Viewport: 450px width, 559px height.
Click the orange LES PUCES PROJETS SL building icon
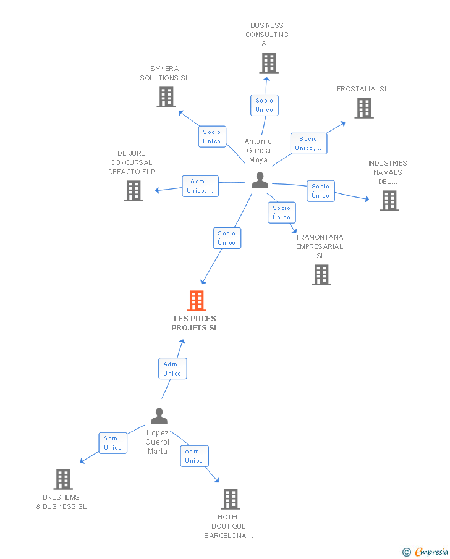(197, 301)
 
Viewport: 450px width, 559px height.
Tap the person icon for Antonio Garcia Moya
(260, 180)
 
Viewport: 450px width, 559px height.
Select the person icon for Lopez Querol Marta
(159, 416)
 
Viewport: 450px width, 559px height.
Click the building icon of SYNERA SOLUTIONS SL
(166, 97)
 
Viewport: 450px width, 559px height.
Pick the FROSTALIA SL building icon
(364, 108)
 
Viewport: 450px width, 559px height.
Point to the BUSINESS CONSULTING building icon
(269, 63)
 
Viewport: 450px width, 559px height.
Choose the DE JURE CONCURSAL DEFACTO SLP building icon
(134, 191)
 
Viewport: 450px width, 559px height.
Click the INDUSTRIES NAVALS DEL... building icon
(389, 201)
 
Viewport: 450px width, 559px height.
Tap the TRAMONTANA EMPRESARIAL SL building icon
(321, 275)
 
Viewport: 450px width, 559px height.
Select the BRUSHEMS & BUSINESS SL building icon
(63, 479)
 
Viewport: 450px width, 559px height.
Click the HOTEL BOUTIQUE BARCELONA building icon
(231, 499)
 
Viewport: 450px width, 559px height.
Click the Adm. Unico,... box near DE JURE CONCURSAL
(200, 186)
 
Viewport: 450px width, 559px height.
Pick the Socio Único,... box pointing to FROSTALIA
(308, 144)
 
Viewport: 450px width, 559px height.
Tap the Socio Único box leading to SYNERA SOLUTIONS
(212, 137)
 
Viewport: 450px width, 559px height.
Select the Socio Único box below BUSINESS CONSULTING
(265, 105)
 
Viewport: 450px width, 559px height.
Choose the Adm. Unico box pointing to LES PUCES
(172, 369)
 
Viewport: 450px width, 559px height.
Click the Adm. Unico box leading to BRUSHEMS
(112, 443)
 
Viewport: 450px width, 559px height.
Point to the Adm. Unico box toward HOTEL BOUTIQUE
(194, 456)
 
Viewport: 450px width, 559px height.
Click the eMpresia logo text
(431, 552)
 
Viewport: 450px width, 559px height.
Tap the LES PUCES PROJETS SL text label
(195, 323)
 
